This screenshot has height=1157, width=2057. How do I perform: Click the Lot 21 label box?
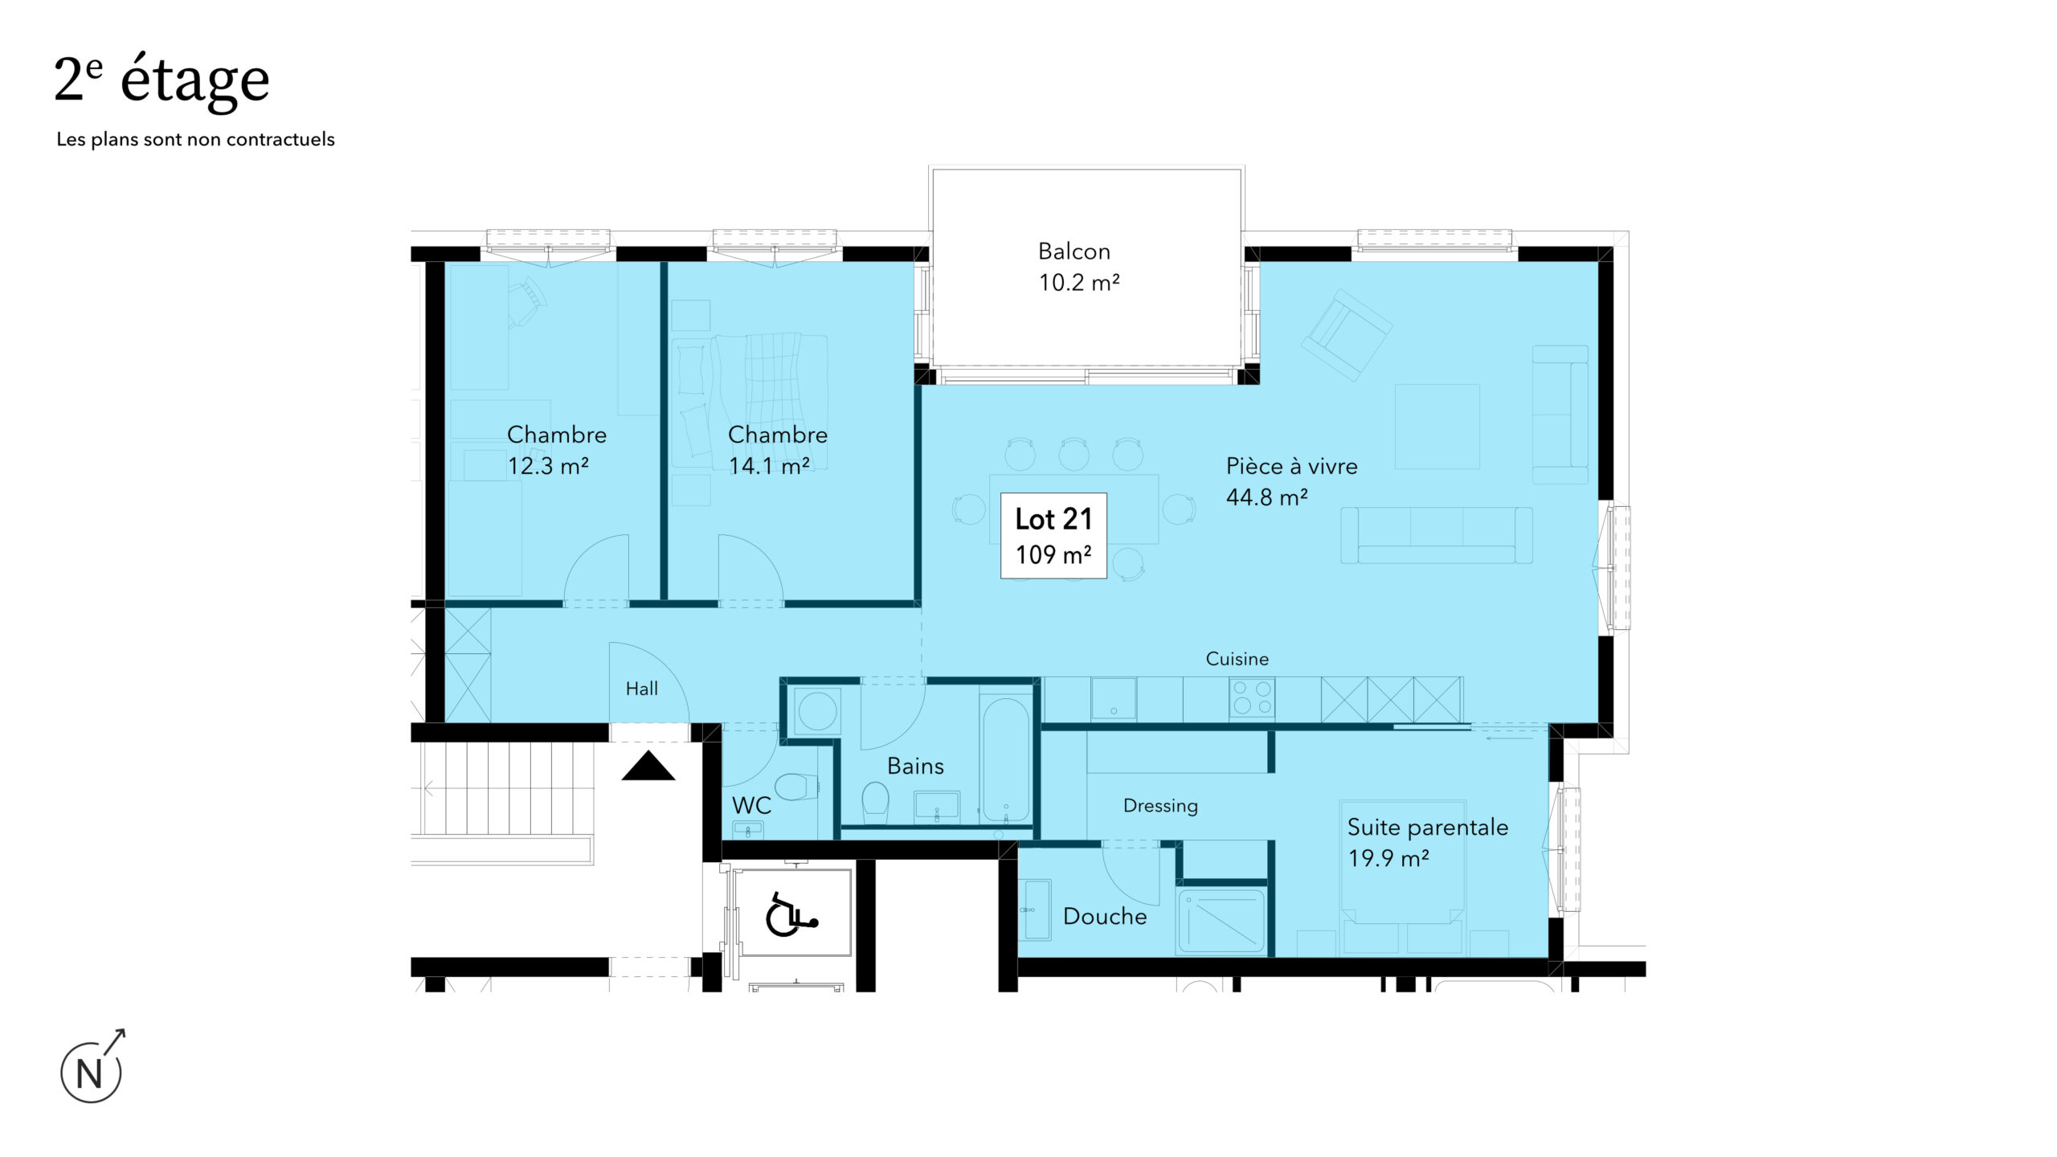[1053, 536]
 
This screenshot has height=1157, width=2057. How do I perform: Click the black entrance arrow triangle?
[648, 767]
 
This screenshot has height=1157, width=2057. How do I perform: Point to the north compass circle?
[91, 1073]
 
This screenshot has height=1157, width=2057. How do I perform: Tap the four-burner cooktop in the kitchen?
[1252, 698]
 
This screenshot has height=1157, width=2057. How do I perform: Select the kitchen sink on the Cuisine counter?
[1114, 698]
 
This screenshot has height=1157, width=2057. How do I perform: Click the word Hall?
[642, 689]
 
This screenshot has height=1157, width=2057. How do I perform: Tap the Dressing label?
[1160, 806]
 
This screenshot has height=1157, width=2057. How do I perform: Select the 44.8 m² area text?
[1267, 497]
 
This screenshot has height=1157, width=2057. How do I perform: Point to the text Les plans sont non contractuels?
[195, 140]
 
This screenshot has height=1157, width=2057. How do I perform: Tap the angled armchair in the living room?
[1347, 335]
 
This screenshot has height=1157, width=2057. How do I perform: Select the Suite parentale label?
[1428, 828]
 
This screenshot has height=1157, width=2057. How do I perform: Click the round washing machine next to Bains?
[817, 711]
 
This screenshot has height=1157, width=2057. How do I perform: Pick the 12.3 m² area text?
[548, 466]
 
